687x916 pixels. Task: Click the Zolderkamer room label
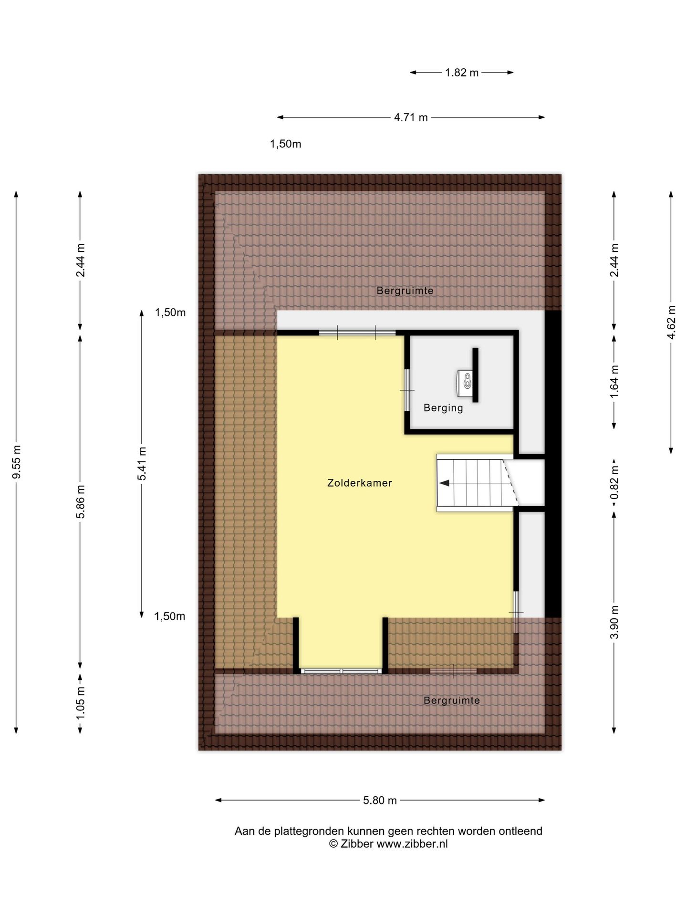359,483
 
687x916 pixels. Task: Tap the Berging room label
443,408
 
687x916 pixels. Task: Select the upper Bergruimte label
405,291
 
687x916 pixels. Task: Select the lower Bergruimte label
452,700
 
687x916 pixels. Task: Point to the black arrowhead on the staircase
444,483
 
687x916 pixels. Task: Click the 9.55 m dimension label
17,462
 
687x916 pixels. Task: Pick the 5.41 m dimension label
142,464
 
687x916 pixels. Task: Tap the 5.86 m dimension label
81,501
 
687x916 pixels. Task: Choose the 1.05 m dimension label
81,703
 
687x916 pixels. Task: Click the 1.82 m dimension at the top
461,73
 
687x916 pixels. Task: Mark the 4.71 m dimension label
411,117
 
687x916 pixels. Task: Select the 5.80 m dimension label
380,801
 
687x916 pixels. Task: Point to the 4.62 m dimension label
671,322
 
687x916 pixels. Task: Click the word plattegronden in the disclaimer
309,832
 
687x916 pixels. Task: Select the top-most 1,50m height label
286,144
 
